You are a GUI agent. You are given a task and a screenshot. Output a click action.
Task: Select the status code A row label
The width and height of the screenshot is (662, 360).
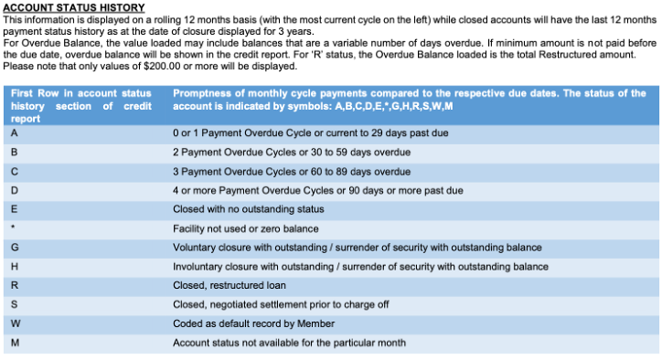click(15, 132)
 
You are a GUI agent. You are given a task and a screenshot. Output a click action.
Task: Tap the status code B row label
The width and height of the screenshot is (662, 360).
click(15, 152)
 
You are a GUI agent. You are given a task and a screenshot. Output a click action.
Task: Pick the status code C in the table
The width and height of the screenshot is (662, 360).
click(15, 171)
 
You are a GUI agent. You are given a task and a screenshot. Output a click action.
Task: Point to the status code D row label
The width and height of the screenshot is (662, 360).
click(15, 190)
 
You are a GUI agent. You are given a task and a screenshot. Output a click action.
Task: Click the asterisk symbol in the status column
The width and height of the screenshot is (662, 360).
click(14, 228)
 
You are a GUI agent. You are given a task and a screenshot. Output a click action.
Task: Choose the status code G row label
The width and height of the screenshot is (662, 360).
click(15, 248)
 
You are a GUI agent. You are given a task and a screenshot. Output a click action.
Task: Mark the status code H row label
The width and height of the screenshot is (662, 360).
click(15, 267)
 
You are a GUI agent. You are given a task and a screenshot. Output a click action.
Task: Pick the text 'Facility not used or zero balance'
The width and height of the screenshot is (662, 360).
click(246, 228)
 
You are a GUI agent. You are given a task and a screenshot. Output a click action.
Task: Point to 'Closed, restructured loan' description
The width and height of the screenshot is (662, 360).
click(230, 285)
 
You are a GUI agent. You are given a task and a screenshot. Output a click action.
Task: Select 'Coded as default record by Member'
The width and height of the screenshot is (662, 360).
click(254, 323)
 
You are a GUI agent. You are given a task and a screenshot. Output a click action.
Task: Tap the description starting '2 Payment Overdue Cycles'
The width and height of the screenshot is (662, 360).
click(292, 152)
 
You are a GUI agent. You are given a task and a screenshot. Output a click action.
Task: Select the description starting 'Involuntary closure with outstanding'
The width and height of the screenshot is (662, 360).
click(361, 267)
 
